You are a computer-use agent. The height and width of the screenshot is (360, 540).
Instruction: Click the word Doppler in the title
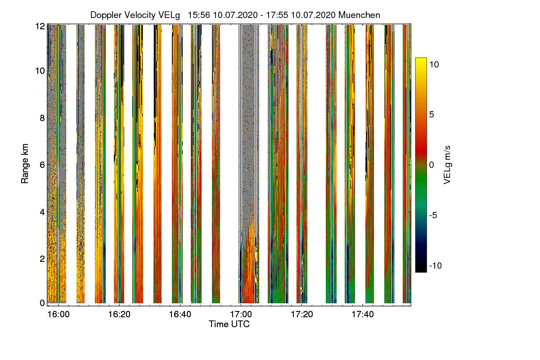106,15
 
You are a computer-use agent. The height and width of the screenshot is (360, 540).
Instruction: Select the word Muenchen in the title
359,15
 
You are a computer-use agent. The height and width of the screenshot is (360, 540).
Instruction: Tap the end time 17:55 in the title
279,15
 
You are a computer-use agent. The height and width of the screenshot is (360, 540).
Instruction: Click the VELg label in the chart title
169,15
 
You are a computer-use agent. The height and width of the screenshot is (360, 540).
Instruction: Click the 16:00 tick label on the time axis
58,314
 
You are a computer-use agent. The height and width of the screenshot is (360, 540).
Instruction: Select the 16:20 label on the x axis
119,314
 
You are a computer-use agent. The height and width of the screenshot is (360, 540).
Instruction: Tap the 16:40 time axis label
180,314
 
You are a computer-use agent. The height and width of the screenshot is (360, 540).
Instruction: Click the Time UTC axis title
229,324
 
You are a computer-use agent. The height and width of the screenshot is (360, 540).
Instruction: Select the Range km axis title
25,164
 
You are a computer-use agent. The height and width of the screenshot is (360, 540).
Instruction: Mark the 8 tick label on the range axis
41,118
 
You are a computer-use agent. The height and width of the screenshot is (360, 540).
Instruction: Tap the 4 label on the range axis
41,211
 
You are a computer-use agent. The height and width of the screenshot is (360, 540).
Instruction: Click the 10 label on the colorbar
434,64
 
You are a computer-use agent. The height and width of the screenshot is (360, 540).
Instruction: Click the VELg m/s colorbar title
447,164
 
